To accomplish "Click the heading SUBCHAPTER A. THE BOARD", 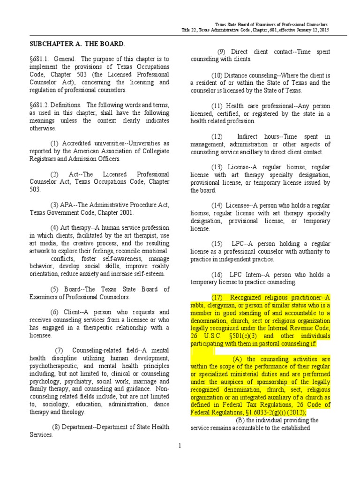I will click(x=77, y=44).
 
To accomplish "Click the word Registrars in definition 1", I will click(x=44, y=158).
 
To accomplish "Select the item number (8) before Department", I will click(x=57, y=427).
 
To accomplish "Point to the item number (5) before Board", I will click(x=54, y=289).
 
